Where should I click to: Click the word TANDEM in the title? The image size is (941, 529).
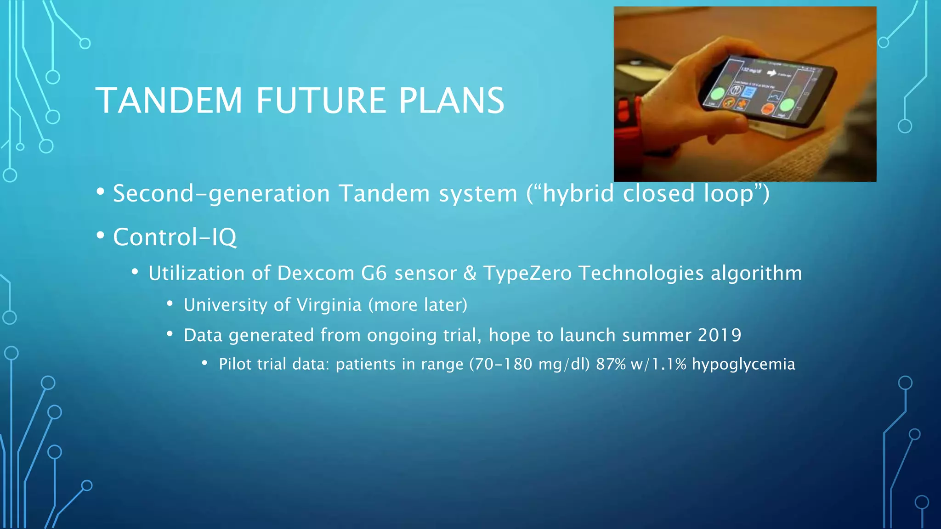pos(169,101)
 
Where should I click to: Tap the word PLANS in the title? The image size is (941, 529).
pos(451,101)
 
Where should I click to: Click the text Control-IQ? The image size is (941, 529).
pos(175,237)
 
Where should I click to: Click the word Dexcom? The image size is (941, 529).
pos(316,273)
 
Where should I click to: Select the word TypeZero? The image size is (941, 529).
pos(527,274)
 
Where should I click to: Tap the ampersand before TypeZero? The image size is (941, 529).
pos(470,273)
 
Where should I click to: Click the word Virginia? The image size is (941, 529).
pos(329,305)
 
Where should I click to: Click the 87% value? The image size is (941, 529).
pos(611,364)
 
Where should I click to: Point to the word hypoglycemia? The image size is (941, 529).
pos(743,365)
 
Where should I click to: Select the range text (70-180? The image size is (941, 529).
pos(500,364)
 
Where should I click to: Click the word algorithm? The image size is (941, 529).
pos(756,274)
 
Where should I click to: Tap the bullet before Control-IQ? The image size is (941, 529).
pos(101,236)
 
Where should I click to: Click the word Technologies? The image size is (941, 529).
pos(641,274)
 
